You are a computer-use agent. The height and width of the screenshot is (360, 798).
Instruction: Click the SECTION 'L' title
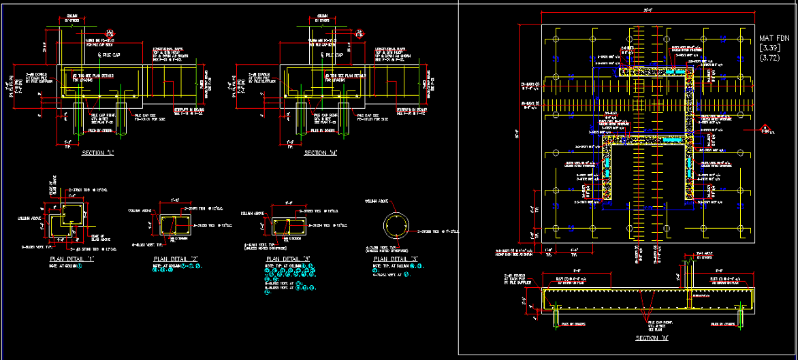tap(97, 153)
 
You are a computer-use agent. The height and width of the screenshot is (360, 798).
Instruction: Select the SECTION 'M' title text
tap(322, 153)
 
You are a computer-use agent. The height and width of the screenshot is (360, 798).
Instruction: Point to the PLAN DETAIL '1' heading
tap(68, 260)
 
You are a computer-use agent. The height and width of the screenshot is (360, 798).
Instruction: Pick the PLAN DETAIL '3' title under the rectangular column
tap(285, 259)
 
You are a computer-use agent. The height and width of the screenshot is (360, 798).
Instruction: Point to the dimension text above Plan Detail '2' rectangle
tap(175, 201)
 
